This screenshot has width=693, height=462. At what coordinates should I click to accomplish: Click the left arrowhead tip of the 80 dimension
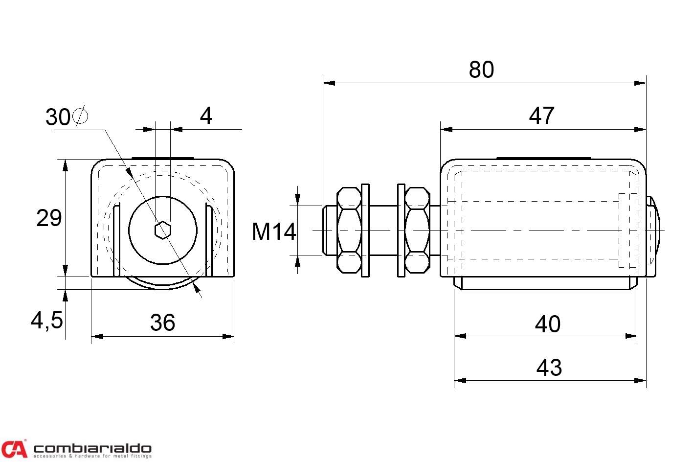(x=323, y=83)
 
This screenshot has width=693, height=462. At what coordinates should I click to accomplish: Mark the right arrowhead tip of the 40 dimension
(x=637, y=336)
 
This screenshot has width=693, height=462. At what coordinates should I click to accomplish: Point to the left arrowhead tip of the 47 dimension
(x=441, y=129)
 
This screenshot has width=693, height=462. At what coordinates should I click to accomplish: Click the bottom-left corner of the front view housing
(x=91, y=276)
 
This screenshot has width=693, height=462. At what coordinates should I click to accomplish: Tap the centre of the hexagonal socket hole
(x=163, y=230)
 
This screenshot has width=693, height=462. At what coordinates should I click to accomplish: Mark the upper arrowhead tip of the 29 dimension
(x=65, y=160)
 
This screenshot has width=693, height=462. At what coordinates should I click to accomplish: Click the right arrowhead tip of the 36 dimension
(x=234, y=337)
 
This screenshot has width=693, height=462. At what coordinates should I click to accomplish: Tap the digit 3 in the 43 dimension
(x=556, y=368)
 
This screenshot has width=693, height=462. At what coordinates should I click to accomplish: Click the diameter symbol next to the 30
(x=80, y=116)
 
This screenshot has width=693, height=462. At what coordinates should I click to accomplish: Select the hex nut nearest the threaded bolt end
(x=349, y=230)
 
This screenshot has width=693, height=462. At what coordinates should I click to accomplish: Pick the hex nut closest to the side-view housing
(x=417, y=230)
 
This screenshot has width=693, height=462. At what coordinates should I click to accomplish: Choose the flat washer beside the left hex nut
(x=365, y=231)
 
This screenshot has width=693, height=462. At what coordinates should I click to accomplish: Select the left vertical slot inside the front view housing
(x=116, y=240)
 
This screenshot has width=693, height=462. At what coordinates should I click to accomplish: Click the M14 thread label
(x=274, y=231)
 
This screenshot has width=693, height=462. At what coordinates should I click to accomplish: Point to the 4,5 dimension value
(x=47, y=321)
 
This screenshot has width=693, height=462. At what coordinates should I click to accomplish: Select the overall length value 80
(x=481, y=69)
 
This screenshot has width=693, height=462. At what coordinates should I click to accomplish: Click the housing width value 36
(x=163, y=323)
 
